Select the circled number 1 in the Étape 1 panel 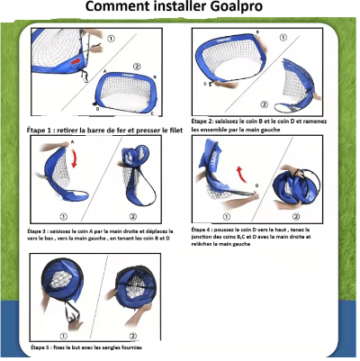112,39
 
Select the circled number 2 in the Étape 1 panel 136,66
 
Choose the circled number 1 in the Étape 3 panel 64,216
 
